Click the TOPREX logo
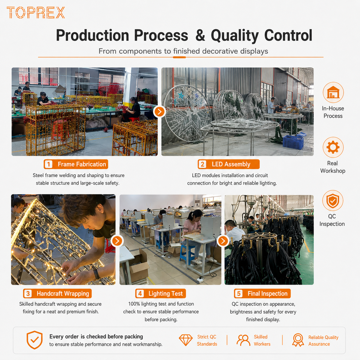click(x=36, y=13)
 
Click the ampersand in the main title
click(x=200, y=35)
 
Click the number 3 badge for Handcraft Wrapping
click(x=28, y=293)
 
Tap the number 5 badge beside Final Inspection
click(x=239, y=293)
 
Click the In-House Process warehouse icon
click(x=333, y=93)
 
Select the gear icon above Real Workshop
click(x=333, y=147)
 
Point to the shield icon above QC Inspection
click(x=333, y=201)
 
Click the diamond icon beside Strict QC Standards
click(x=186, y=340)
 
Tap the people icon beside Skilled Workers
click(x=243, y=340)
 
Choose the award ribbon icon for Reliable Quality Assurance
click(x=298, y=340)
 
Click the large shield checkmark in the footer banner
click(x=34, y=340)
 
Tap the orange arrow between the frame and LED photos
click(x=160, y=112)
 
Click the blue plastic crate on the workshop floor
click(x=293, y=142)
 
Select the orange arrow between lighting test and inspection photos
click(x=223, y=241)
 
